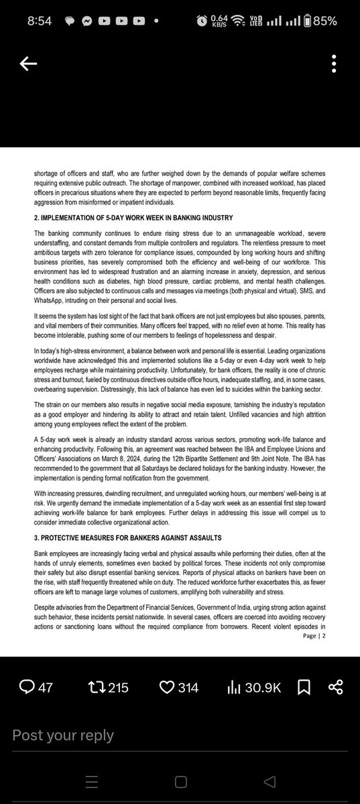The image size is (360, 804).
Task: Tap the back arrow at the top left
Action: coord(28,64)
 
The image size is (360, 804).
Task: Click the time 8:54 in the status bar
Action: coord(40,20)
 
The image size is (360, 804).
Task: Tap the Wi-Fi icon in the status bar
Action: coord(237,20)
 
